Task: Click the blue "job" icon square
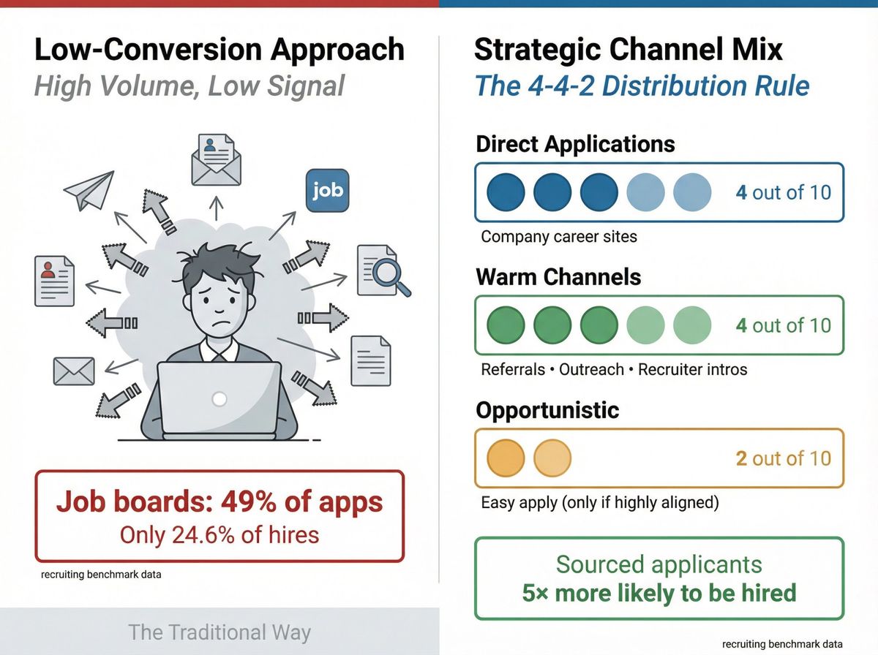[x=327, y=190]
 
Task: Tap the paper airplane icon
[x=89, y=190]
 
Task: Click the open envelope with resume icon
[x=216, y=161]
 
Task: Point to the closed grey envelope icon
[x=74, y=371]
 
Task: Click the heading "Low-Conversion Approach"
[x=219, y=50]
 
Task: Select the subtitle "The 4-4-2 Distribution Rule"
[x=642, y=86]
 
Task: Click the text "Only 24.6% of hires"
[x=219, y=534]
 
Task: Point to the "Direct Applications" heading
[x=575, y=143]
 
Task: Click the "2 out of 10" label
[x=783, y=458]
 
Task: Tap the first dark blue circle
[x=506, y=192]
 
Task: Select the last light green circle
[x=691, y=325]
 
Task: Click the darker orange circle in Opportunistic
[x=506, y=458]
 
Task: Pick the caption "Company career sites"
[x=559, y=237]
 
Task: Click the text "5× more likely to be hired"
[x=658, y=592]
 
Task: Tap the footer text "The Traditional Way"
[x=219, y=632]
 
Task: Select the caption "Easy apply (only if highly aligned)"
[x=600, y=503]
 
